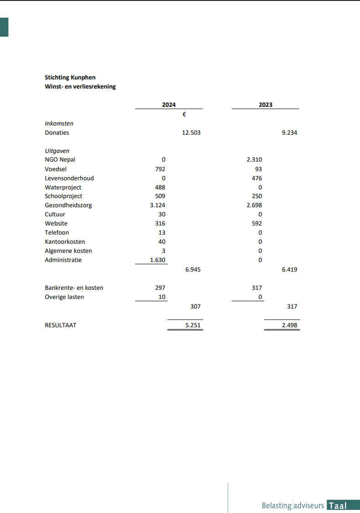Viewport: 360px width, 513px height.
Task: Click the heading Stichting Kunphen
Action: pyautogui.click(x=70, y=78)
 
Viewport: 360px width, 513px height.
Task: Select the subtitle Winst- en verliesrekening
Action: pyautogui.click(x=80, y=87)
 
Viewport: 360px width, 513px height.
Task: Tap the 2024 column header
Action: pyautogui.click(x=169, y=105)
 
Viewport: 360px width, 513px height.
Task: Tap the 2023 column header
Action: pyautogui.click(x=266, y=105)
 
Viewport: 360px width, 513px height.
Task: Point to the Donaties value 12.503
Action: pyautogui.click(x=191, y=133)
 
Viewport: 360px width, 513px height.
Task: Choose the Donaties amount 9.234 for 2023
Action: pyautogui.click(x=289, y=133)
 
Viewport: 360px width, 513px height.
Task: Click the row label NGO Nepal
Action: pyautogui.click(x=60, y=160)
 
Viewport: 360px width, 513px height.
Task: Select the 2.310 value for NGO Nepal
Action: pyautogui.click(x=254, y=160)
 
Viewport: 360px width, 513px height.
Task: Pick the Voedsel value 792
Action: pyautogui.click(x=160, y=169)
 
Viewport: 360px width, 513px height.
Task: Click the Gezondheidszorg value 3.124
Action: pyautogui.click(x=157, y=205)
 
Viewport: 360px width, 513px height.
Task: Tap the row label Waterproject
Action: pyautogui.click(x=63, y=187)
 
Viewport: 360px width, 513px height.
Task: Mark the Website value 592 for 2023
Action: pyautogui.click(x=257, y=224)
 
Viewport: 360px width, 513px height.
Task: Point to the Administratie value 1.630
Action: pyautogui.click(x=157, y=260)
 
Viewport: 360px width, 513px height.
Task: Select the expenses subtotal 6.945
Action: pyautogui.click(x=193, y=270)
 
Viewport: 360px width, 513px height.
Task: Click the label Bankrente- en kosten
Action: pyautogui.click(x=74, y=288)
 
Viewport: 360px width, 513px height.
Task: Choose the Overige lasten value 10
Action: pyautogui.click(x=162, y=297)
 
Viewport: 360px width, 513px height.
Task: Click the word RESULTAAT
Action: pyautogui.click(x=60, y=325)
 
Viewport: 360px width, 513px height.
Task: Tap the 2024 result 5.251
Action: pyautogui.click(x=193, y=325)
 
